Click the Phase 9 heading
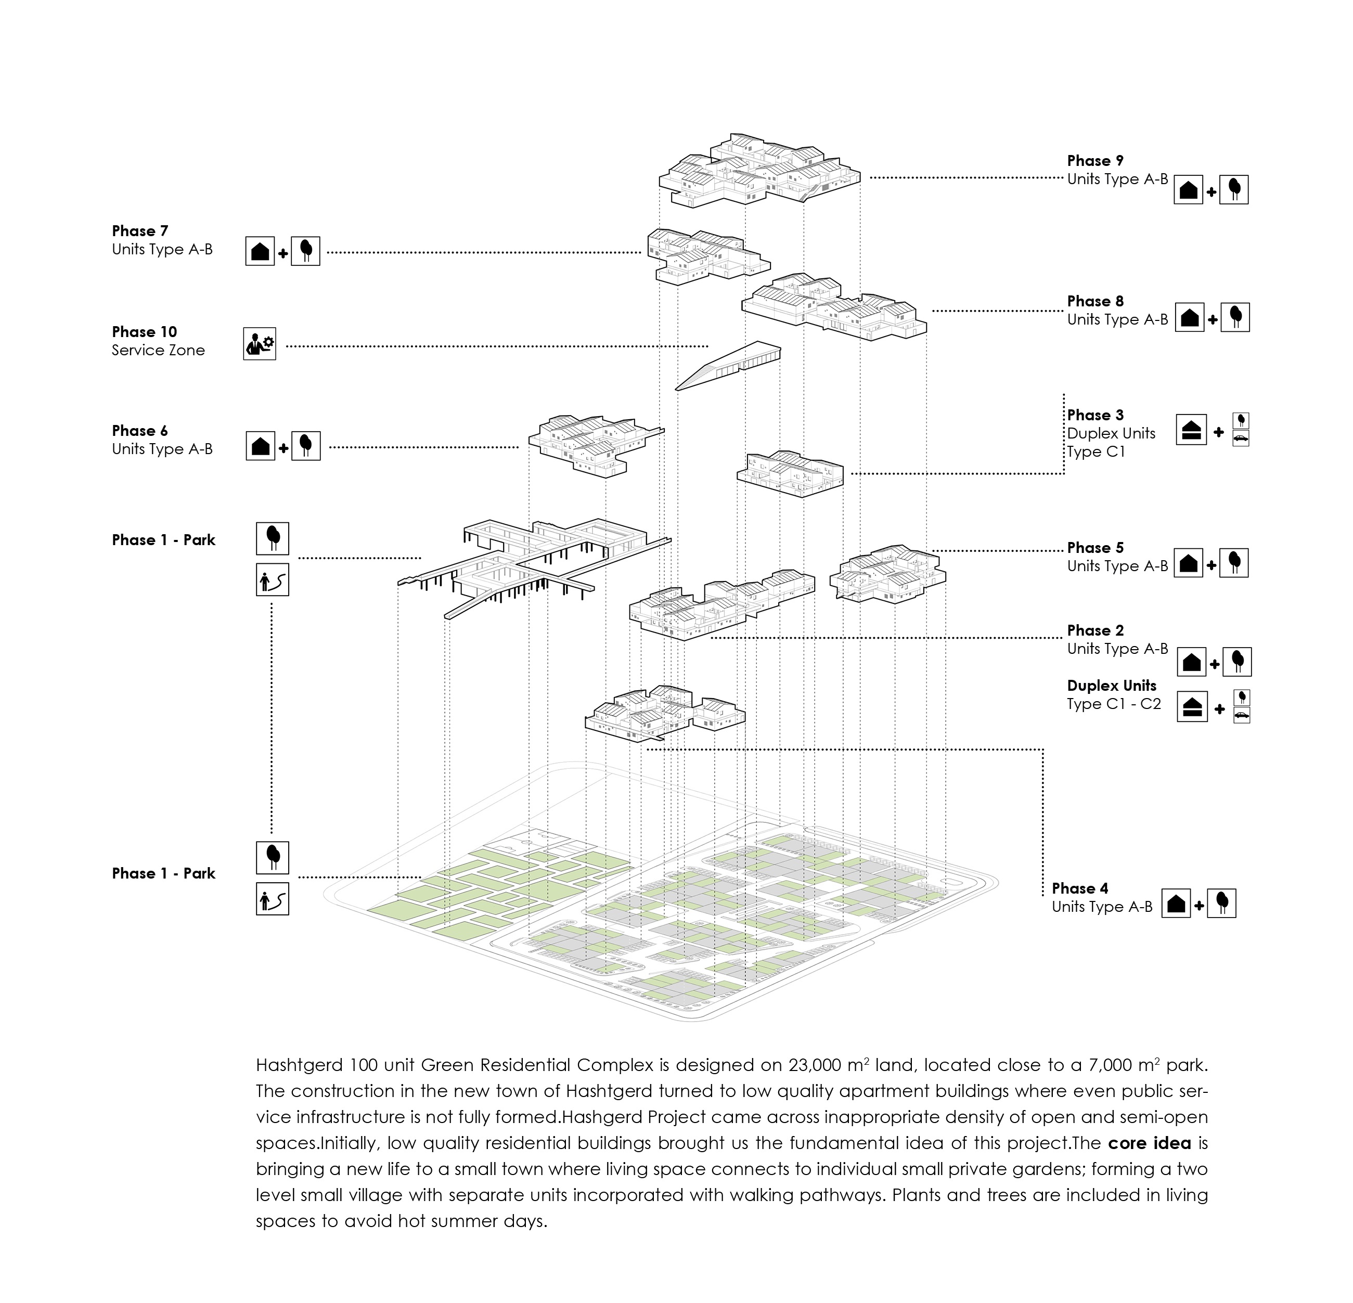[1095, 161]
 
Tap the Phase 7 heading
[139, 231]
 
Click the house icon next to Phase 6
[260, 446]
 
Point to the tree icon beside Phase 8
[1235, 317]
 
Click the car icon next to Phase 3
[1241, 438]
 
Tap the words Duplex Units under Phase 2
[1112, 686]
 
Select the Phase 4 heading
[1079, 888]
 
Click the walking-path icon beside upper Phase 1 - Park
[272, 580]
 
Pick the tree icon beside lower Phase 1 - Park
[272, 858]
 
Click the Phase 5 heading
[1095, 547]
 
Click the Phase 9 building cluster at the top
[759, 170]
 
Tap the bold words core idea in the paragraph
[1150, 1143]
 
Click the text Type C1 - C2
[1114, 704]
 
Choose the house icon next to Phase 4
[1176, 904]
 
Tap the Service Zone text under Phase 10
[158, 350]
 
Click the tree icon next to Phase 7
[306, 251]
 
